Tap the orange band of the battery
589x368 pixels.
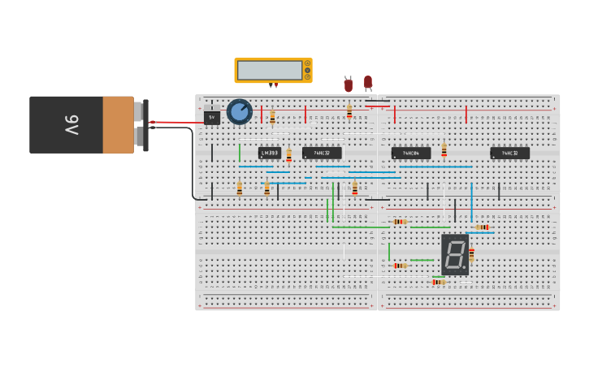click(x=118, y=125)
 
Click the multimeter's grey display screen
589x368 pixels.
click(x=270, y=71)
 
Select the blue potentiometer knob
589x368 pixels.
click(x=239, y=111)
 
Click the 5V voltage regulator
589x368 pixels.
click(x=212, y=118)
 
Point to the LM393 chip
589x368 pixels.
click(x=270, y=153)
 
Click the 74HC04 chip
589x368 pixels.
click(x=410, y=153)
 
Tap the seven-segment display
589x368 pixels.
click(x=455, y=255)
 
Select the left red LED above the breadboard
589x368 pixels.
click(x=349, y=84)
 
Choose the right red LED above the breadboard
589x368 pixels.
click(x=368, y=82)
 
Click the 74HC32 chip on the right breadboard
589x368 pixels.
click(x=509, y=153)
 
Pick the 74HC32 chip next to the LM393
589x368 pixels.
click(x=322, y=153)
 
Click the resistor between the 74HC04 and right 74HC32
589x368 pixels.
click(x=444, y=150)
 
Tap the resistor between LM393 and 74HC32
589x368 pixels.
click(x=288, y=155)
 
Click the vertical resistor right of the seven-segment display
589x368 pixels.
click(x=471, y=253)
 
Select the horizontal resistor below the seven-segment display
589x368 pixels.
click(x=439, y=282)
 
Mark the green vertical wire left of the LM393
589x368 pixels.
click(x=239, y=153)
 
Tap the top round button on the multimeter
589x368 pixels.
click(x=307, y=63)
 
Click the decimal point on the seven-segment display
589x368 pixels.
click(x=465, y=268)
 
